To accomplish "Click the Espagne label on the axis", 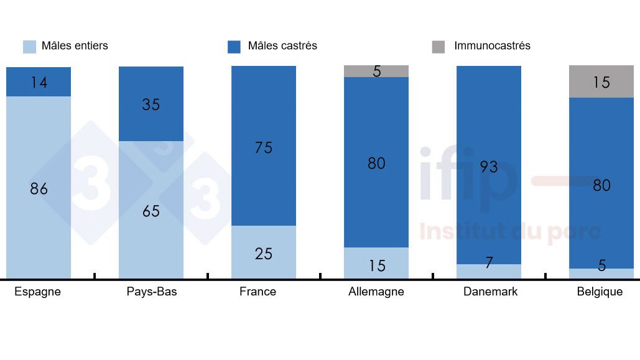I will click(x=38, y=292).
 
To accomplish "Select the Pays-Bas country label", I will click(x=151, y=292).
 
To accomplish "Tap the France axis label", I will click(x=257, y=292).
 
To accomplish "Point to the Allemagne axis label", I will click(x=376, y=292).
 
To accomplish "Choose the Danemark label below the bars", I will click(x=490, y=292).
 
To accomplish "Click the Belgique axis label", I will click(x=600, y=292).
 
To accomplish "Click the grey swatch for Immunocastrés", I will click(x=438, y=47).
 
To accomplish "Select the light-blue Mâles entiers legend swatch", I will click(x=29, y=47).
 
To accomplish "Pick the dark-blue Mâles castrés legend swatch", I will click(x=234, y=47).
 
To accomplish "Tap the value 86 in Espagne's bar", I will click(x=39, y=189).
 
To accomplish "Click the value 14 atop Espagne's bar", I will click(x=39, y=82).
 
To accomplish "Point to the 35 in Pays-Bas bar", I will click(x=151, y=104).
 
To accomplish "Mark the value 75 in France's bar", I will click(x=264, y=147).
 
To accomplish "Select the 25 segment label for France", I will click(x=264, y=254).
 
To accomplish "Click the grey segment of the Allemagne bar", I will click(x=376, y=71).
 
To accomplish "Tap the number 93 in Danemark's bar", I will click(x=489, y=167).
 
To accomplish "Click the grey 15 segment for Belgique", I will click(x=601, y=82).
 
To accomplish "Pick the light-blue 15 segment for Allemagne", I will click(x=376, y=264).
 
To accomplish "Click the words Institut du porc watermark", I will click(x=510, y=232).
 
